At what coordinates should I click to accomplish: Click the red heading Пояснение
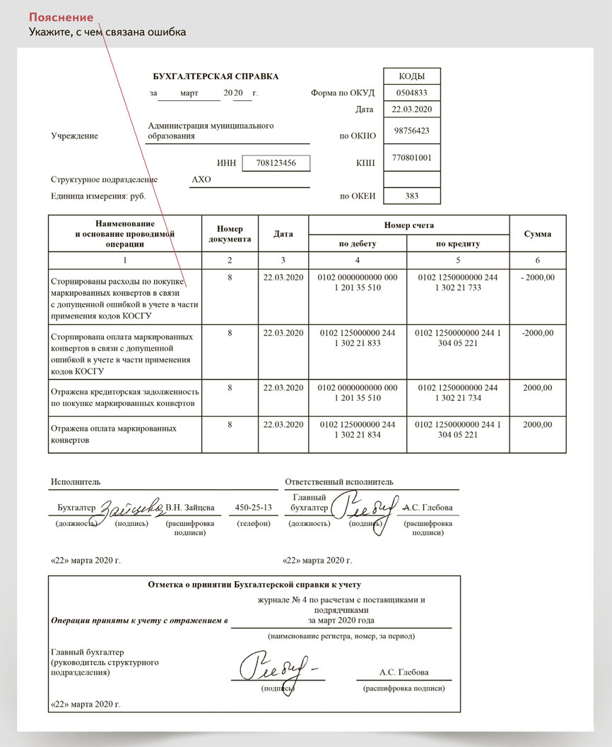click(x=61, y=17)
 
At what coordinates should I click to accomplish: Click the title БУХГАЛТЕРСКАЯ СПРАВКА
click(x=216, y=76)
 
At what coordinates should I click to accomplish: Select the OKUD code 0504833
click(x=411, y=93)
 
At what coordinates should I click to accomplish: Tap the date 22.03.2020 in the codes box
click(x=411, y=109)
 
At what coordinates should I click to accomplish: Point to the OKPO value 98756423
click(x=411, y=131)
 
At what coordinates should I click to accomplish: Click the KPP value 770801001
click(x=411, y=158)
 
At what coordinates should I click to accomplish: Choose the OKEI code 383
click(x=411, y=196)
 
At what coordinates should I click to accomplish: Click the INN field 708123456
click(x=275, y=163)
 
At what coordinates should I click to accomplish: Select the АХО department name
click(x=201, y=180)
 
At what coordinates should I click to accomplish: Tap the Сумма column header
click(x=537, y=234)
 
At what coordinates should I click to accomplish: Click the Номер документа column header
click(x=230, y=234)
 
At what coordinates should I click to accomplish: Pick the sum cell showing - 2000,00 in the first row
click(x=537, y=277)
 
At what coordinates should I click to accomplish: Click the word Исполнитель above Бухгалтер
click(x=75, y=482)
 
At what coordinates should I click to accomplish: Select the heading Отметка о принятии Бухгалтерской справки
click(x=254, y=585)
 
